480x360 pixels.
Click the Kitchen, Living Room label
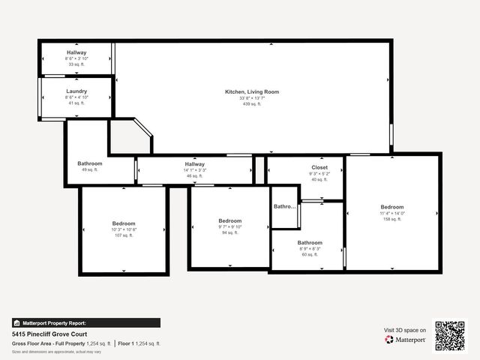point(252,91)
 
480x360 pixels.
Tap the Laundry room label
point(76,91)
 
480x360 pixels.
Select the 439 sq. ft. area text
point(252,104)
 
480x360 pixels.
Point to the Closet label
point(319,167)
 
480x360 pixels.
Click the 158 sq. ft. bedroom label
point(391,207)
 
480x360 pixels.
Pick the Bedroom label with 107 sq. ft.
point(124,223)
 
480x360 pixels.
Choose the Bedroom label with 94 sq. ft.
point(229,220)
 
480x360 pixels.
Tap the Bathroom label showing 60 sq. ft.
point(310,243)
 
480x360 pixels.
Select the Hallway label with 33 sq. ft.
point(76,52)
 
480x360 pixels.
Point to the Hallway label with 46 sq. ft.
point(195,164)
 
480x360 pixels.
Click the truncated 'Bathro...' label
point(284,206)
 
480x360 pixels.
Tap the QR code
point(450,335)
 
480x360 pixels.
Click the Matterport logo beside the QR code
point(406,340)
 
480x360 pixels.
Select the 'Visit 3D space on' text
point(405,330)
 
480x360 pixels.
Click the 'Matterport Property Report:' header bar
point(85,322)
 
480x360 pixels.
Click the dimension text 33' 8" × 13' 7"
point(252,98)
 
